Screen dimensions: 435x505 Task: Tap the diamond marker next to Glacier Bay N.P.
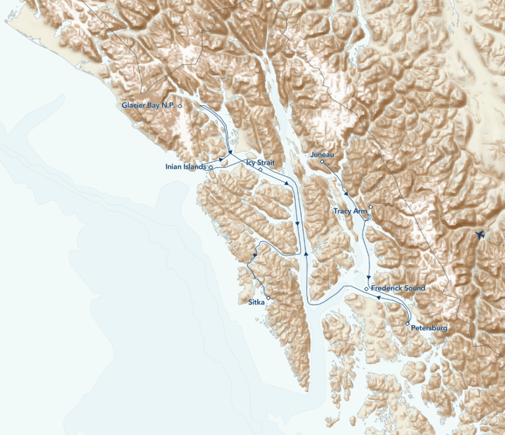(180, 106)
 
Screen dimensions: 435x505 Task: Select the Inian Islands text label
(185, 167)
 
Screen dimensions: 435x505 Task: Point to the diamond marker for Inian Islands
(211, 168)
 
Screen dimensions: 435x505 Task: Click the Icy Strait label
(257, 162)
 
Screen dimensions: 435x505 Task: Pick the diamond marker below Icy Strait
(260, 169)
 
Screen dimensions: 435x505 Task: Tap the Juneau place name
(323, 155)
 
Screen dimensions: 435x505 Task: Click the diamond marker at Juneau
(322, 161)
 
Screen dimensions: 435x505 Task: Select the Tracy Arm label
(350, 211)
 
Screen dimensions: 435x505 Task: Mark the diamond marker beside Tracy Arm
(370, 207)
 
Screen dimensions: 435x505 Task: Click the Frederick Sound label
(397, 288)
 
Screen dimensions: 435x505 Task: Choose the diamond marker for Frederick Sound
(366, 288)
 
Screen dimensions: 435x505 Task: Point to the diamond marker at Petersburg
(407, 323)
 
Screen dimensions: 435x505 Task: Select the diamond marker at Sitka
(268, 298)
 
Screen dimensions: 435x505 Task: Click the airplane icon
(478, 235)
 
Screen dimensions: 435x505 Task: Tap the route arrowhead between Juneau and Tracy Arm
(347, 194)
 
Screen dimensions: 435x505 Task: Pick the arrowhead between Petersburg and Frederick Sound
(378, 298)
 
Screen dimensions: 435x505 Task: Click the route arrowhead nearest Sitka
(254, 255)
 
